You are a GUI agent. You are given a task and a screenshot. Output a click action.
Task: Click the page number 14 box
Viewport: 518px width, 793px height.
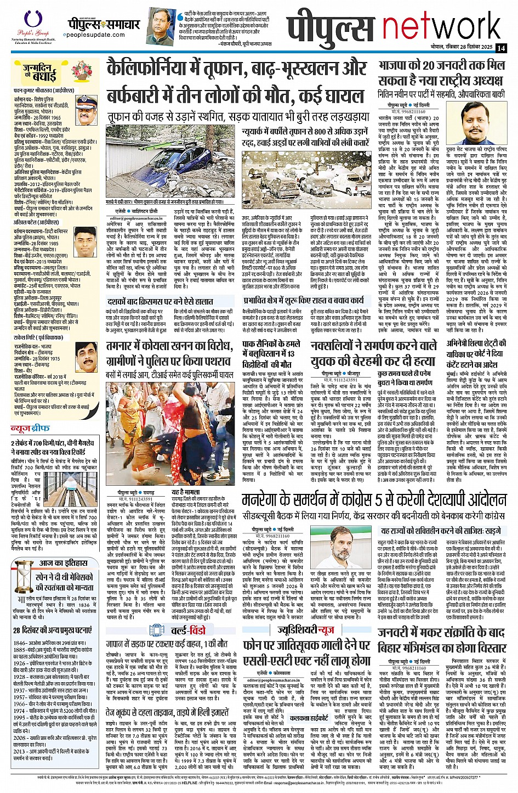coord(502,48)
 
